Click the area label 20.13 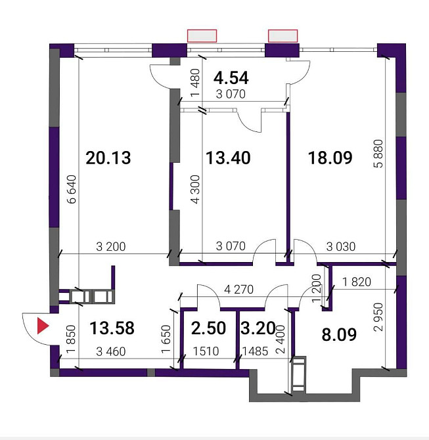[x=108, y=158]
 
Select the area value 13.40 [x=228, y=158]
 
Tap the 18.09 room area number [x=330, y=158]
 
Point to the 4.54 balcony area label [x=231, y=77]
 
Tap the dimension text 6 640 [x=72, y=192]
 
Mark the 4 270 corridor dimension [x=238, y=289]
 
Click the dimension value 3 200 [x=111, y=248]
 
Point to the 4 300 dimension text [x=194, y=190]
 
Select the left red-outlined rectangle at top [x=202, y=35]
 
